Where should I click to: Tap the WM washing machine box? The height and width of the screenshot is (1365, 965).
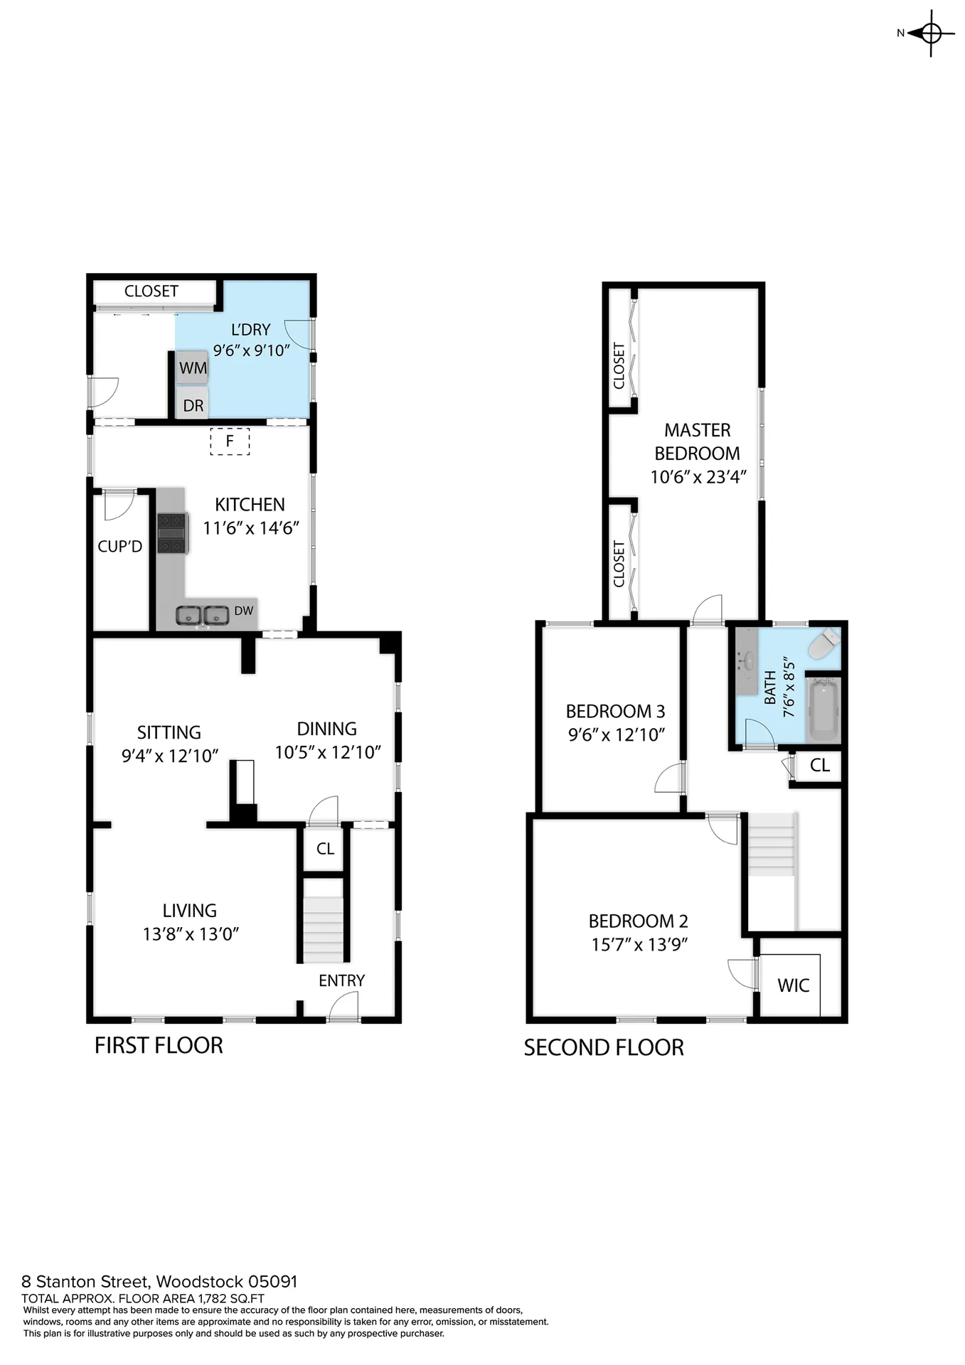tap(193, 368)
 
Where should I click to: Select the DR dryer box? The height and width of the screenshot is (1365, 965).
tap(193, 403)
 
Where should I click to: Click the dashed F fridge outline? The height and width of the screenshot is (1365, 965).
tap(230, 441)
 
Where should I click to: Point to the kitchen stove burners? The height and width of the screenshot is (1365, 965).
tap(172, 532)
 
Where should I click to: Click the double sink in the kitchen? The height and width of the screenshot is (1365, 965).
tap(203, 615)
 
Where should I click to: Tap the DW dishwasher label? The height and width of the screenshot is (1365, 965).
tap(244, 611)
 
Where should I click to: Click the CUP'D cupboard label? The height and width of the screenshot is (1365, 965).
tap(120, 546)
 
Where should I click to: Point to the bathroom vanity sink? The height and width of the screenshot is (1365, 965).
tap(747, 661)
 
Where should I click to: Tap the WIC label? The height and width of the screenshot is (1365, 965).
tap(794, 985)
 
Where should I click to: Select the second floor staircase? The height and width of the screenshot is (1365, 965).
tap(771, 845)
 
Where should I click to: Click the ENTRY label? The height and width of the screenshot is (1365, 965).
tap(341, 980)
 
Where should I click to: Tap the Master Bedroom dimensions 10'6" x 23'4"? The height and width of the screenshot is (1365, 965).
tap(698, 476)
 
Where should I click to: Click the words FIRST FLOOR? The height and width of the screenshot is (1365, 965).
tap(159, 1045)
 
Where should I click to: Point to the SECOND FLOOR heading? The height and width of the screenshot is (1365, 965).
tap(604, 1047)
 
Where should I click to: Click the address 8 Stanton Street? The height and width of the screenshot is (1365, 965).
tap(85, 1282)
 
